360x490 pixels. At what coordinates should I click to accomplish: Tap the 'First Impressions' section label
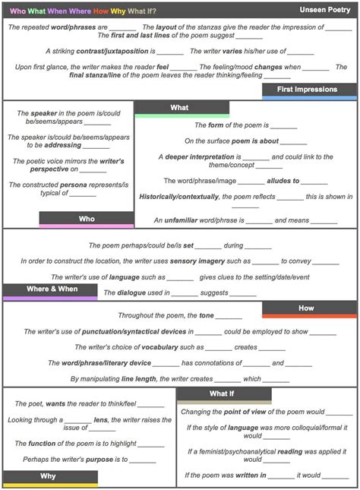307,90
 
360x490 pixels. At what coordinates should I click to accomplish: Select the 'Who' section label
87,219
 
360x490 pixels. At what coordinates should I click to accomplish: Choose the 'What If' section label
223,394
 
